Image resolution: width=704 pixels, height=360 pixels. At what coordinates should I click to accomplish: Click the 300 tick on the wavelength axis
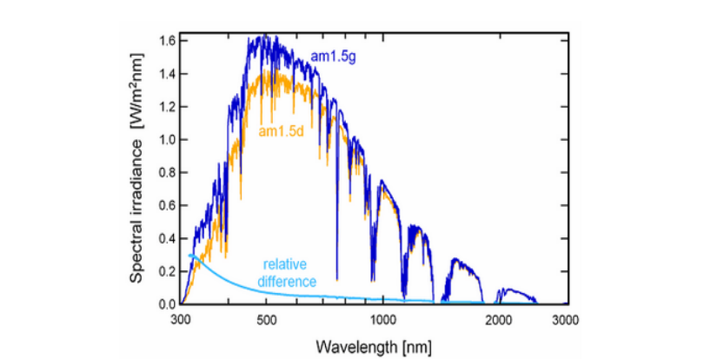click(x=183, y=320)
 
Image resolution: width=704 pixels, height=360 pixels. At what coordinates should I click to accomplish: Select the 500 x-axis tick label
click(x=266, y=320)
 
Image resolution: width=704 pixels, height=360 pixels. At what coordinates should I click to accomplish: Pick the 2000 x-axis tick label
click(x=498, y=320)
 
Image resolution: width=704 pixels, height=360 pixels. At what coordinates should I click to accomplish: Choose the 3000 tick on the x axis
click(x=566, y=320)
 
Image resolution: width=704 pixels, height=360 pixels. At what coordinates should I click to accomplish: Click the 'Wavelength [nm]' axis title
click(x=375, y=346)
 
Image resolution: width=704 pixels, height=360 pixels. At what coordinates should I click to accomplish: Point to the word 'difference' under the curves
click(x=286, y=282)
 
